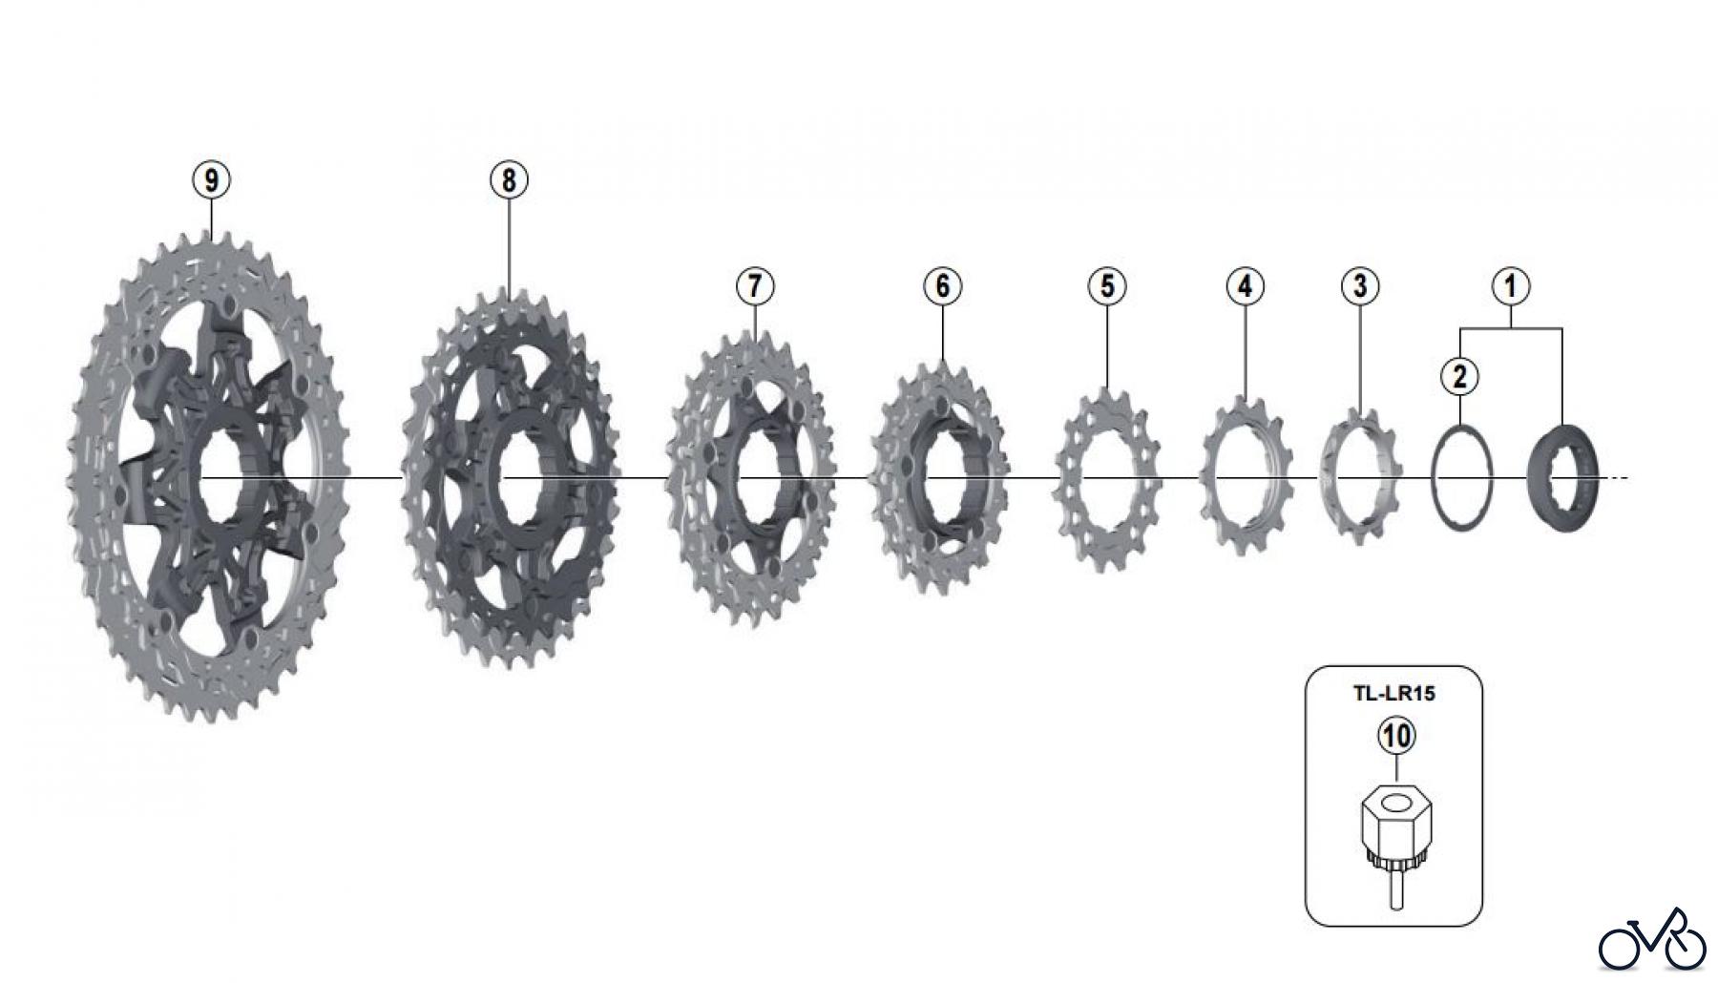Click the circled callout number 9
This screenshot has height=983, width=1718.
pos(211,179)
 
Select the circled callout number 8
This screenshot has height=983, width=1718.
pos(509,179)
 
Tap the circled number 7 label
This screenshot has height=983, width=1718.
pos(755,285)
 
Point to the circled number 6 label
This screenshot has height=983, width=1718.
pos(942,285)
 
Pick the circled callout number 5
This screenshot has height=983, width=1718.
pos(1107,285)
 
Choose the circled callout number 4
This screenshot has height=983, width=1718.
pos(1245,285)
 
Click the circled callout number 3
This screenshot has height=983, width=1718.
pos(1360,285)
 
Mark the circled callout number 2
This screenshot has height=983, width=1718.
pos(1459,376)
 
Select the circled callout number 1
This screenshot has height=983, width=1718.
pos(1511,285)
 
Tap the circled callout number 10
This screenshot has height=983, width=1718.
pos(1395,736)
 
